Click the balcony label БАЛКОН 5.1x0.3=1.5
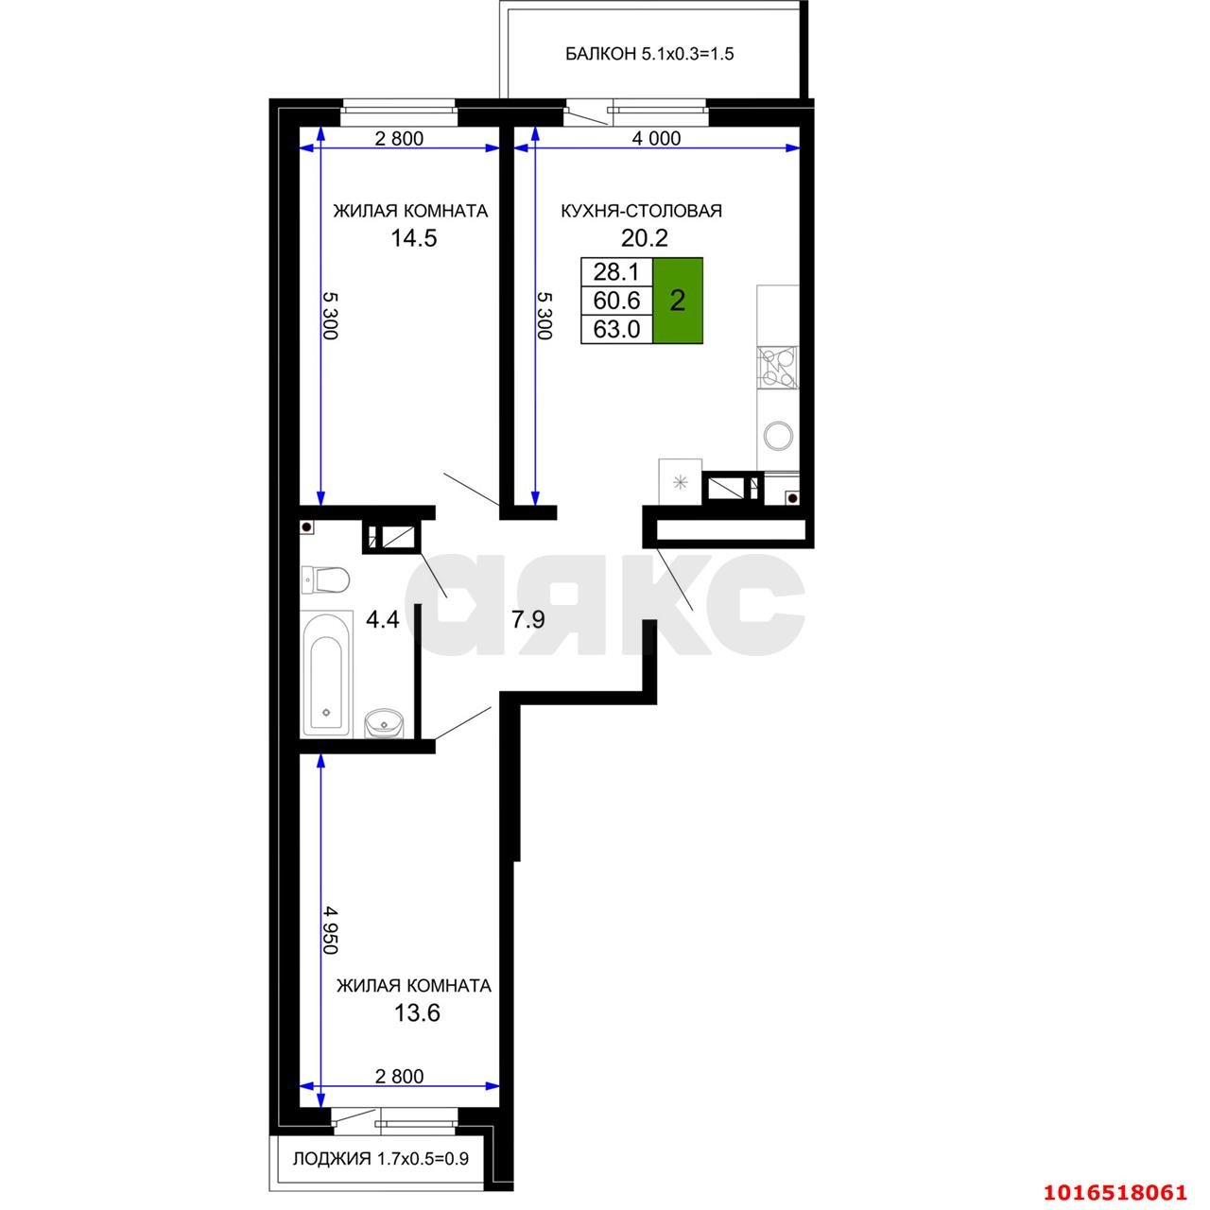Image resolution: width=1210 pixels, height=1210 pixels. click(649, 54)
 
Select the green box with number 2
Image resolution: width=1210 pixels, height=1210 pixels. click(677, 301)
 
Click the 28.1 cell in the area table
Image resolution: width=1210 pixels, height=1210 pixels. click(616, 272)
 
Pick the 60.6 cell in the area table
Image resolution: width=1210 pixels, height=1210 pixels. click(616, 301)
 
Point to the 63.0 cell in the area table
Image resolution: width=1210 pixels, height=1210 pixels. click(616, 329)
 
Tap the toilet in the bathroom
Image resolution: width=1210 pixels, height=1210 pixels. click(324, 579)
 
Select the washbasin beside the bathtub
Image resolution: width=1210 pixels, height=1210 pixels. click(385, 722)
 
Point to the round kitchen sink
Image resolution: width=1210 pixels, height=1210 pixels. click(779, 436)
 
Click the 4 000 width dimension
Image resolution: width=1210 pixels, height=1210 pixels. click(656, 139)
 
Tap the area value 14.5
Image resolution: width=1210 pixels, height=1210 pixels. click(414, 238)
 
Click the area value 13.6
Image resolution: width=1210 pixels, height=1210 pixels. click(417, 1013)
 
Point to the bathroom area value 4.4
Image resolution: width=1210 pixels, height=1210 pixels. click(383, 620)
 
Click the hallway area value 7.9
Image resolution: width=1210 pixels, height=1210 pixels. click(527, 620)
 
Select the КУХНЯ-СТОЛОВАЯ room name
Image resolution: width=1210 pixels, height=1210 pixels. click(641, 211)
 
